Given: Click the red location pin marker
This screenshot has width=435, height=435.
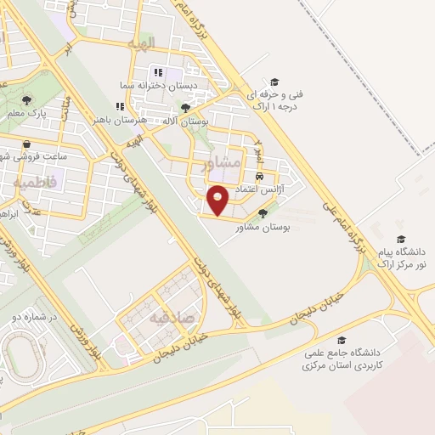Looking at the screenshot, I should [218, 201].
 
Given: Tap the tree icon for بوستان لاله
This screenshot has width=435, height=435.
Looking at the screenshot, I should [186, 108].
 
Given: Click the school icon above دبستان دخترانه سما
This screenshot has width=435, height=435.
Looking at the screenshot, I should [157, 71].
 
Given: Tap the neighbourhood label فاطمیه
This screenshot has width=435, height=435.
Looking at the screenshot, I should [34, 181].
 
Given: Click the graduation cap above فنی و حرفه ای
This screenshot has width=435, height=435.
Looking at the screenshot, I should [274, 82].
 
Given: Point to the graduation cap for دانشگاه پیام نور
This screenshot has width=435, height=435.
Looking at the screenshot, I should [400, 240].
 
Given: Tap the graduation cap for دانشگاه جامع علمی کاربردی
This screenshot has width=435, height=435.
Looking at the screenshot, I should [342, 340].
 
